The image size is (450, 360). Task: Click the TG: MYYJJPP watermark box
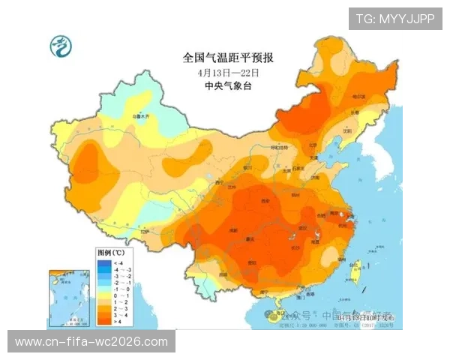(394, 19)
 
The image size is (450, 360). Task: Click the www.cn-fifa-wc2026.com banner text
(92, 342)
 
